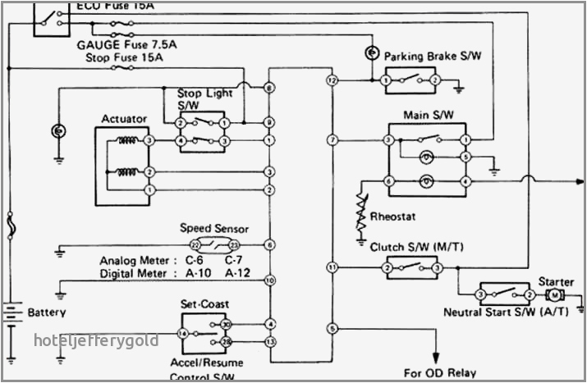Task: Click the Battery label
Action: [47, 312]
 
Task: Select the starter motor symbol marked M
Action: [555, 294]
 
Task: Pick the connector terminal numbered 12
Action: [332, 80]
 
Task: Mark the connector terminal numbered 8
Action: [269, 87]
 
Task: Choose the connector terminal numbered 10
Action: [269, 280]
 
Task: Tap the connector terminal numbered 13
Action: [269, 341]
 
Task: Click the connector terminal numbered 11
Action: [332, 267]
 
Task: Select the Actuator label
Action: [124, 119]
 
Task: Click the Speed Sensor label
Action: [214, 229]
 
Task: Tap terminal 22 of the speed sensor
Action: [195, 245]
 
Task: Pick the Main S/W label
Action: [424, 115]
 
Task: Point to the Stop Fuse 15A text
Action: [124, 58]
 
